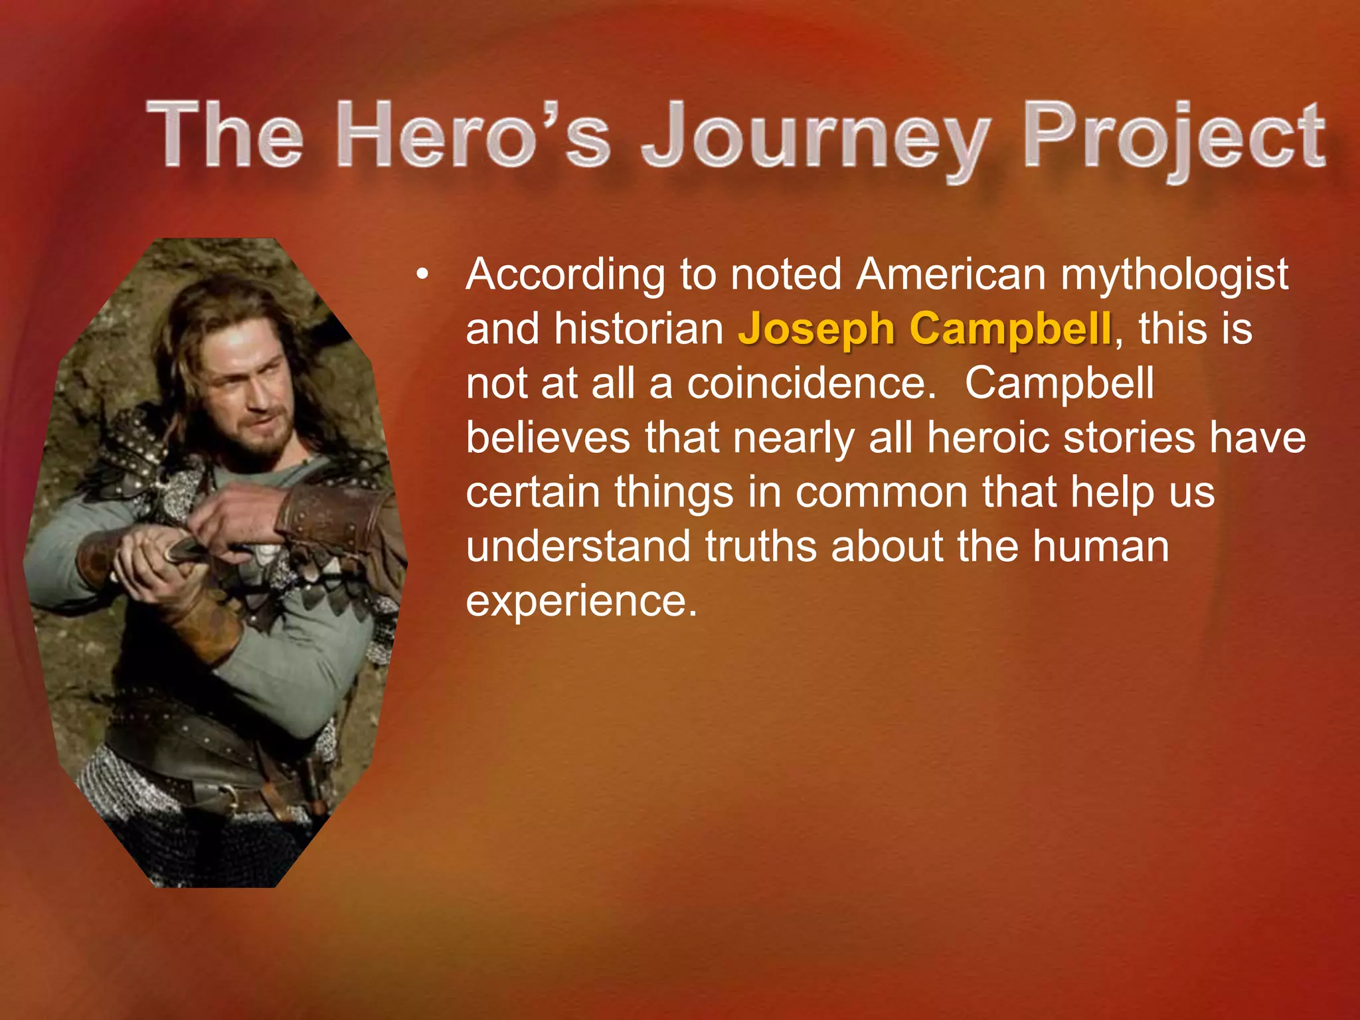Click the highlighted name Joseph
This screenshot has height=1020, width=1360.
(816, 329)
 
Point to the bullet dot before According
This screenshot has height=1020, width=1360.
(422, 274)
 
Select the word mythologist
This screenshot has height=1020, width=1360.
(1174, 275)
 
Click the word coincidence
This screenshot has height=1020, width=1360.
(810, 383)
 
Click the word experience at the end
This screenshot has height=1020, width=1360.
(581, 601)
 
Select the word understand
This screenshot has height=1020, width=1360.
(578, 547)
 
